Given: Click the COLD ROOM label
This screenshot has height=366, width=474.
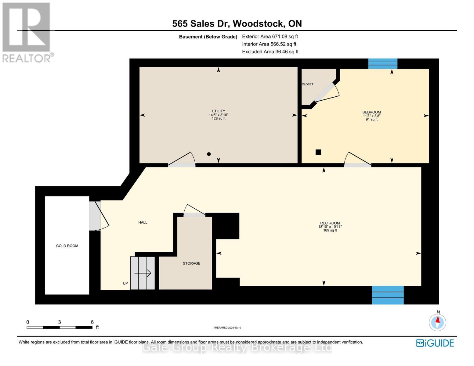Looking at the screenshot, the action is coord(67,246).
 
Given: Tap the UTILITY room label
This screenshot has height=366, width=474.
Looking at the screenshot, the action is coord(218,111).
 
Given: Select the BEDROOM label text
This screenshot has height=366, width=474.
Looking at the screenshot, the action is coord(371,112).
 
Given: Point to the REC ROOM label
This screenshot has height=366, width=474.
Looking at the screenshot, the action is coord(330,223).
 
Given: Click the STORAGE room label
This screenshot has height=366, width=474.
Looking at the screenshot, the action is coord(191,263).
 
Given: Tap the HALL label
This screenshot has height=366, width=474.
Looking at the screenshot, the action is coord(143,222).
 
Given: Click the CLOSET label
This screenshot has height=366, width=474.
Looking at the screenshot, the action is coord(307,84).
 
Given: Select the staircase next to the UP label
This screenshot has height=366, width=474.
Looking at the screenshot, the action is coord(143,273).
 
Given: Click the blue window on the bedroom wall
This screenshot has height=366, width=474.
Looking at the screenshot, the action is coord(383,64).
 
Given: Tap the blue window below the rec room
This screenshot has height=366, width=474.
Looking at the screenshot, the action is coord(388,295).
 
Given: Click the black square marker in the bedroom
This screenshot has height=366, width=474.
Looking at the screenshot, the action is coord(318,152).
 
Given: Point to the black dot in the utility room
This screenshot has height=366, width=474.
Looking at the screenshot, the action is coord(209,154).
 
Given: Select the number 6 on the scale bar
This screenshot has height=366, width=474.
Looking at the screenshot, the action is coord(92,322).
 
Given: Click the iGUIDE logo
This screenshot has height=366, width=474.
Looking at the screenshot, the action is coord(435,343).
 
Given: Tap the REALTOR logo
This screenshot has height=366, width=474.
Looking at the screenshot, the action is coord(27,33).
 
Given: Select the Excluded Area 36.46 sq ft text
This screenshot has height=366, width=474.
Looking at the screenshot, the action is coord(270,52).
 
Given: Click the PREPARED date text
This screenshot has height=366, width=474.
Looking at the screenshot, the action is coord(227,328).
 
